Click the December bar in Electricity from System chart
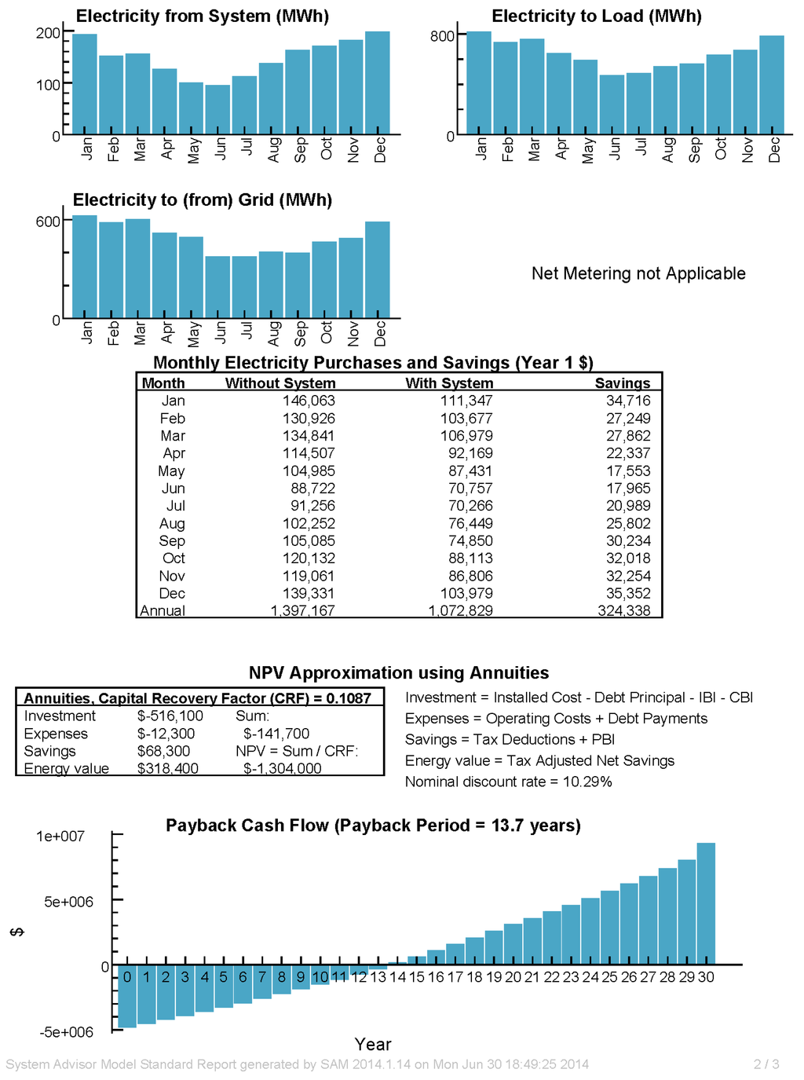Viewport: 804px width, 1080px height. click(x=378, y=82)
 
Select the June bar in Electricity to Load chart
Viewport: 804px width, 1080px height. click(x=612, y=104)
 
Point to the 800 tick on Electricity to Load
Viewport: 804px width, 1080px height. click(x=442, y=36)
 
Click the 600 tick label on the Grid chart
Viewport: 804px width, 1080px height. click(x=48, y=221)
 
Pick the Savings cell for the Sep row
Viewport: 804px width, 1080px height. click(x=627, y=541)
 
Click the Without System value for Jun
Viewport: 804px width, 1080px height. click(x=312, y=489)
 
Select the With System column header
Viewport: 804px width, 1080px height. click(x=449, y=383)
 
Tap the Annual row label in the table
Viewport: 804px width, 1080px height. click(x=163, y=611)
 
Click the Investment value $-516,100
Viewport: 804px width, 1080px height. click(x=170, y=716)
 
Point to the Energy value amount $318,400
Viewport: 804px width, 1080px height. click(x=167, y=769)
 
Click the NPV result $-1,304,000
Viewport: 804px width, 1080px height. click(x=282, y=769)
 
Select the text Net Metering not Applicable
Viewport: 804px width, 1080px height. click(x=638, y=273)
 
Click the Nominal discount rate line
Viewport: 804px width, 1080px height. click(x=508, y=782)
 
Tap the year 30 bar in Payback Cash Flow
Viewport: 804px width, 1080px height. click(x=706, y=903)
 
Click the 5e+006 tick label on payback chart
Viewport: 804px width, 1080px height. click(x=68, y=902)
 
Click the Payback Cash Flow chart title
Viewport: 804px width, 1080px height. click(x=373, y=826)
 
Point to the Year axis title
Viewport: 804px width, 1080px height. click(x=372, y=1044)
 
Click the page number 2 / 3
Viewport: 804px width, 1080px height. click(x=766, y=1064)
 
